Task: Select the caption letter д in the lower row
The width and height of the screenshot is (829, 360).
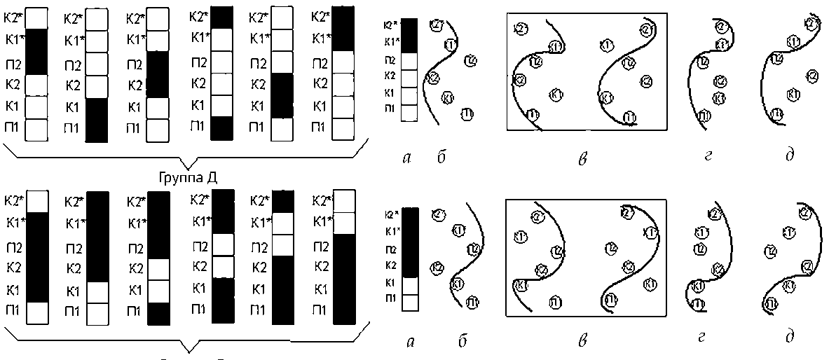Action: (x=790, y=338)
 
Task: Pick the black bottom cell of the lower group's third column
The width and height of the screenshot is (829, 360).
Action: (x=160, y=313)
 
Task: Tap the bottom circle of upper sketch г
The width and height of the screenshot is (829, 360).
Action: (x=704, y=116)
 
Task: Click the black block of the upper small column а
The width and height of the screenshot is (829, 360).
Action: (x=411, y=37)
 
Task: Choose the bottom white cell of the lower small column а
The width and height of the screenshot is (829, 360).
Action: (x=411, y=302)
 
